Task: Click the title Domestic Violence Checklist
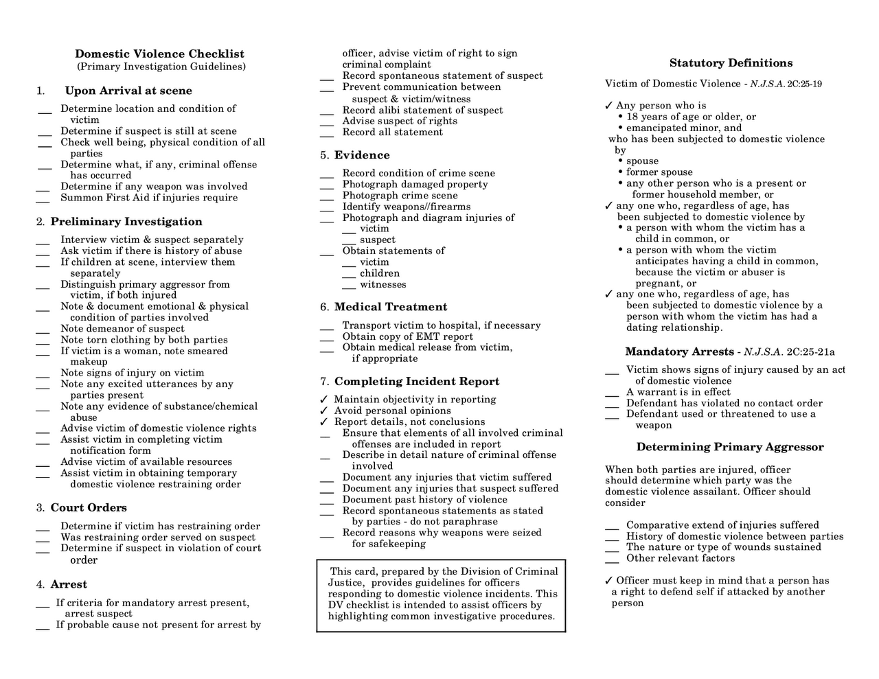click(159, 54)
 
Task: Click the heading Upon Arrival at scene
click(128, 91)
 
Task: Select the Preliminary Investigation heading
click(126, 222)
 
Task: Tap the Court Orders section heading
click(89, 508)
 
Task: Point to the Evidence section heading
click(362, 155)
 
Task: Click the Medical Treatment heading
click(390, 307)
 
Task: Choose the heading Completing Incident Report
click(417, 382)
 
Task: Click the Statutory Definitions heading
click(731, 63)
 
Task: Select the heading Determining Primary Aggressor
click(729, 447)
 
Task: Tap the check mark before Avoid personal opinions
click(324, 411)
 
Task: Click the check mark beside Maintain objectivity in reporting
click(324, 400)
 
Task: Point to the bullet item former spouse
click(659, 172)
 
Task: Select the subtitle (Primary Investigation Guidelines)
click(161, 67)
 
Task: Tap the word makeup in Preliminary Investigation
click(89, 362)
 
